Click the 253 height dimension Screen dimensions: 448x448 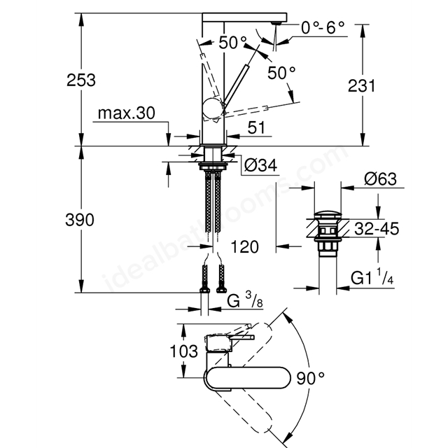point(81,80)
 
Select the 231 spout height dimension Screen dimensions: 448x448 point(361,85)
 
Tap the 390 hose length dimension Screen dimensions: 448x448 point(80,220)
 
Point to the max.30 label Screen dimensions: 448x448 point(126,113)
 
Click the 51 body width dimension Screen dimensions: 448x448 point(256,127)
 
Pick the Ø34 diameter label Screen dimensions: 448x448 point(261,165)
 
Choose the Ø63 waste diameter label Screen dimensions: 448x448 point(380,179)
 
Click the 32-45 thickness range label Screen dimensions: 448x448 point(377,229)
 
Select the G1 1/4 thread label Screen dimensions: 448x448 point(372,277)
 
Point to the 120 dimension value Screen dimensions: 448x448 point(244,246)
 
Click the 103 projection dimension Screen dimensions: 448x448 point(183,351)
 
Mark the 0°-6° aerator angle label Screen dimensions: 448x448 point(323,28)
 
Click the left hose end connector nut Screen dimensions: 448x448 point(204,290)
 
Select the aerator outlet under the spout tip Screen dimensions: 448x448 point(276,23)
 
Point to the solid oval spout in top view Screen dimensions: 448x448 point(247,378)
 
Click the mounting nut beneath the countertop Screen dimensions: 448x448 point(213,166)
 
